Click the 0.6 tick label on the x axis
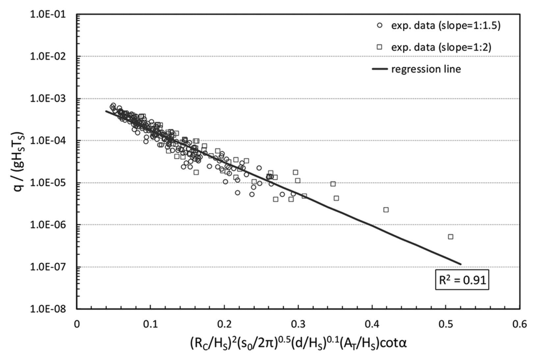click(x=520, y=324)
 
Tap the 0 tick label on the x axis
click(x=77, y=324)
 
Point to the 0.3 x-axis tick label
click(x=298, y=324)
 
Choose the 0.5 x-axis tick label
click(x=446, y=324)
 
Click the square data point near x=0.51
click(x=451, y=237)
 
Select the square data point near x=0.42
click(x=386, y=210)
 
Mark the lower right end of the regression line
click(x=460, y=264)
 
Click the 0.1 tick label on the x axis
click(x=150, y=324)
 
